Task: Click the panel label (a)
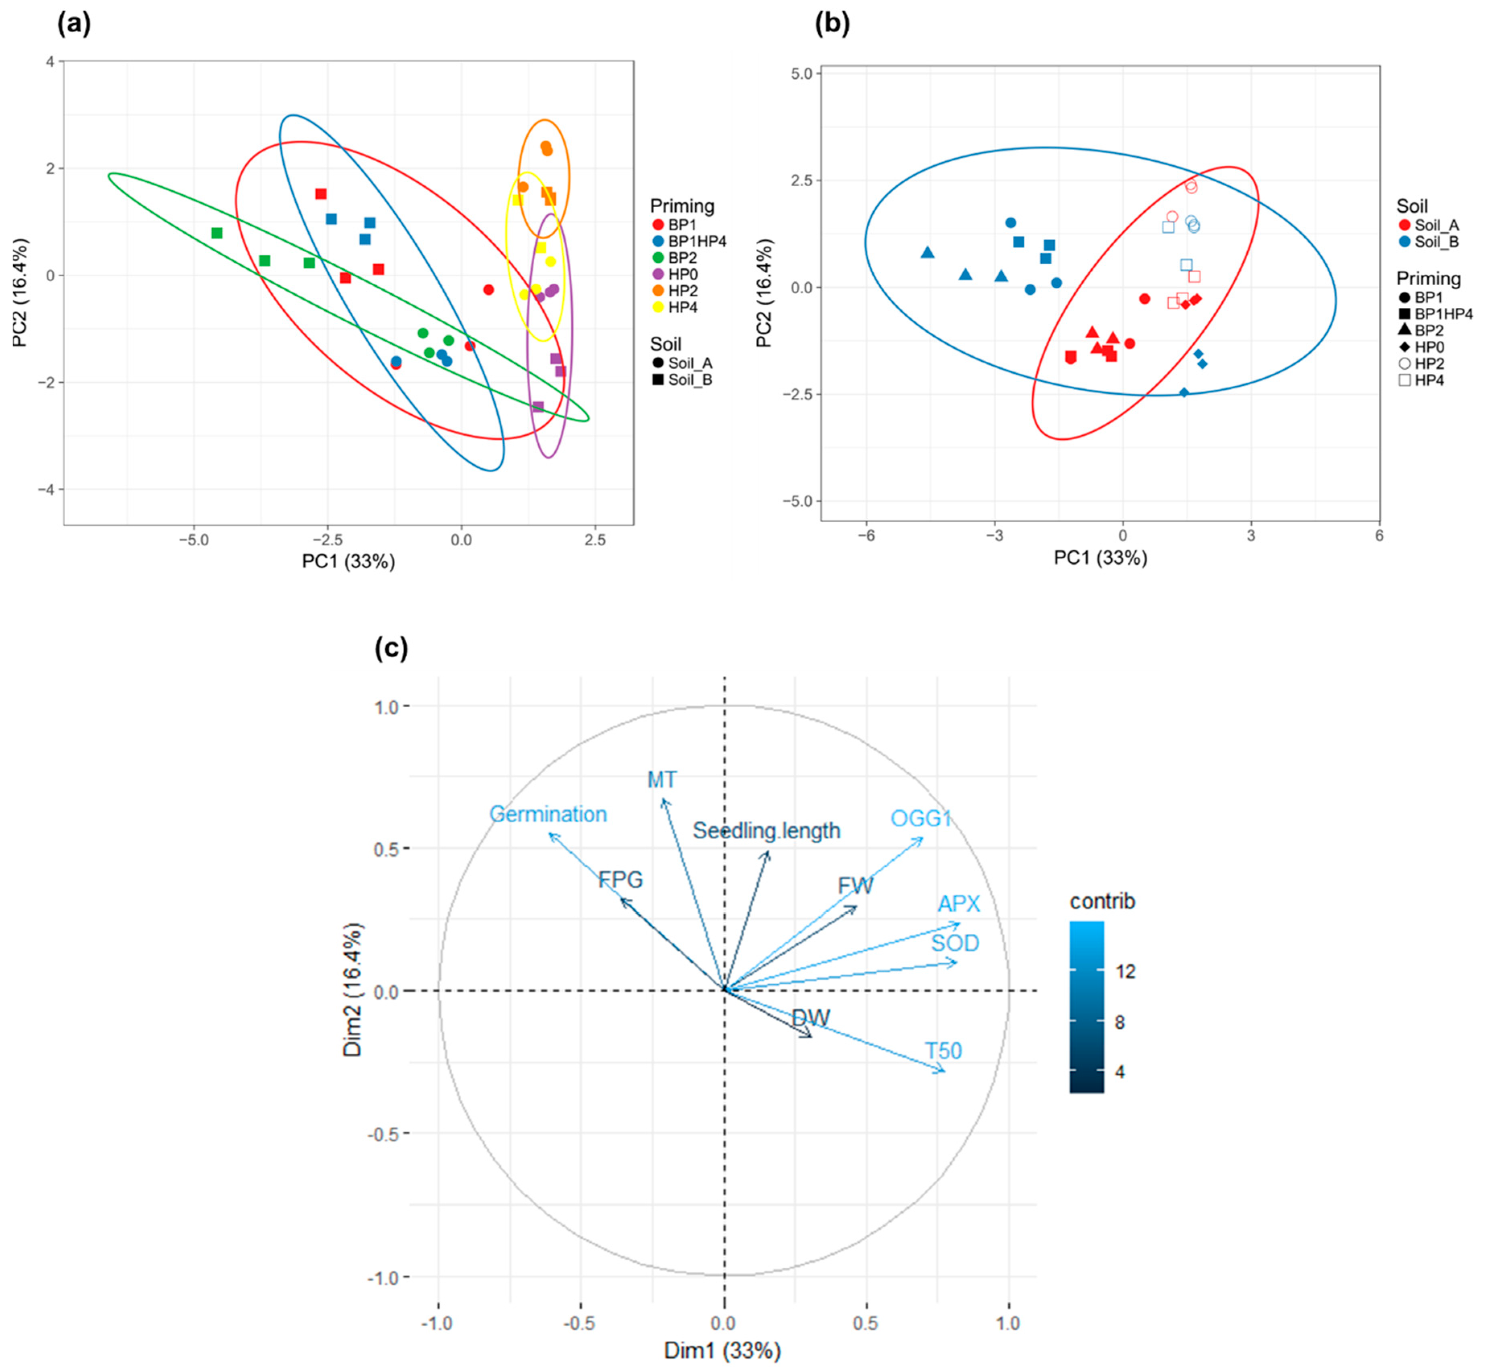click(74, 25)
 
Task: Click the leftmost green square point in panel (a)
click(217, 233)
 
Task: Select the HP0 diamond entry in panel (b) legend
click(1428, 347)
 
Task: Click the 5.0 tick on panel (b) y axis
click(801, 74)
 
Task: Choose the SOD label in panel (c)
click(955, 943)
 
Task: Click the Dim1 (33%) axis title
click(722, 1350)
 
